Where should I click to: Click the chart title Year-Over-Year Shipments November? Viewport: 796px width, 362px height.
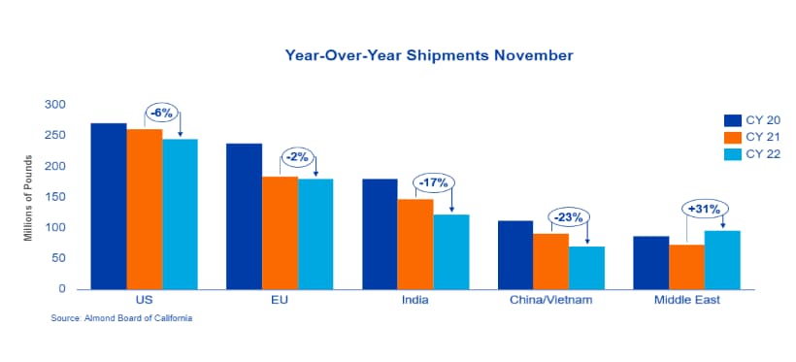(x=429, y=55)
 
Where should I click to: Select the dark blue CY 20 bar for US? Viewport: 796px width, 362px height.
(x=109, y=206)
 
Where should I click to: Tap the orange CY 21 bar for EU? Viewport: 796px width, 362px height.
(x=280, y=233)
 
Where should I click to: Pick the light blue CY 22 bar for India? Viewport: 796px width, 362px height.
(x=450, y=251)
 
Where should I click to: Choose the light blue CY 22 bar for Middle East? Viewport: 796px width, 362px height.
(x=722, y=260)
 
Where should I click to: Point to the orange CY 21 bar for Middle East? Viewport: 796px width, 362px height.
(x=686, y=267)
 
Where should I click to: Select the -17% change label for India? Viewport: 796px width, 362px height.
(x=433, y=182)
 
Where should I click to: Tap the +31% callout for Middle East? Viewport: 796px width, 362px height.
(x=704, y=208)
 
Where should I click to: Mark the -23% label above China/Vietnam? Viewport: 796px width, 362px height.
(x=569, y=217)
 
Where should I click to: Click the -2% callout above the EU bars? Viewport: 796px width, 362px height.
(x=298, y=157)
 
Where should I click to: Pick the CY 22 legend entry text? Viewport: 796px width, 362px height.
(x=763, y=154)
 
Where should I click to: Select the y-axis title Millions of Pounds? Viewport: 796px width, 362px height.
(x=28, y=198)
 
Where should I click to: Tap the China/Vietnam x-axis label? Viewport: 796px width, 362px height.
(x=550, y=300)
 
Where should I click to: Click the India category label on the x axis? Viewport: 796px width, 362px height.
(x=415, y=300)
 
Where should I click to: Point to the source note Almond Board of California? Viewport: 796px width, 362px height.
(x=121, y=318)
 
